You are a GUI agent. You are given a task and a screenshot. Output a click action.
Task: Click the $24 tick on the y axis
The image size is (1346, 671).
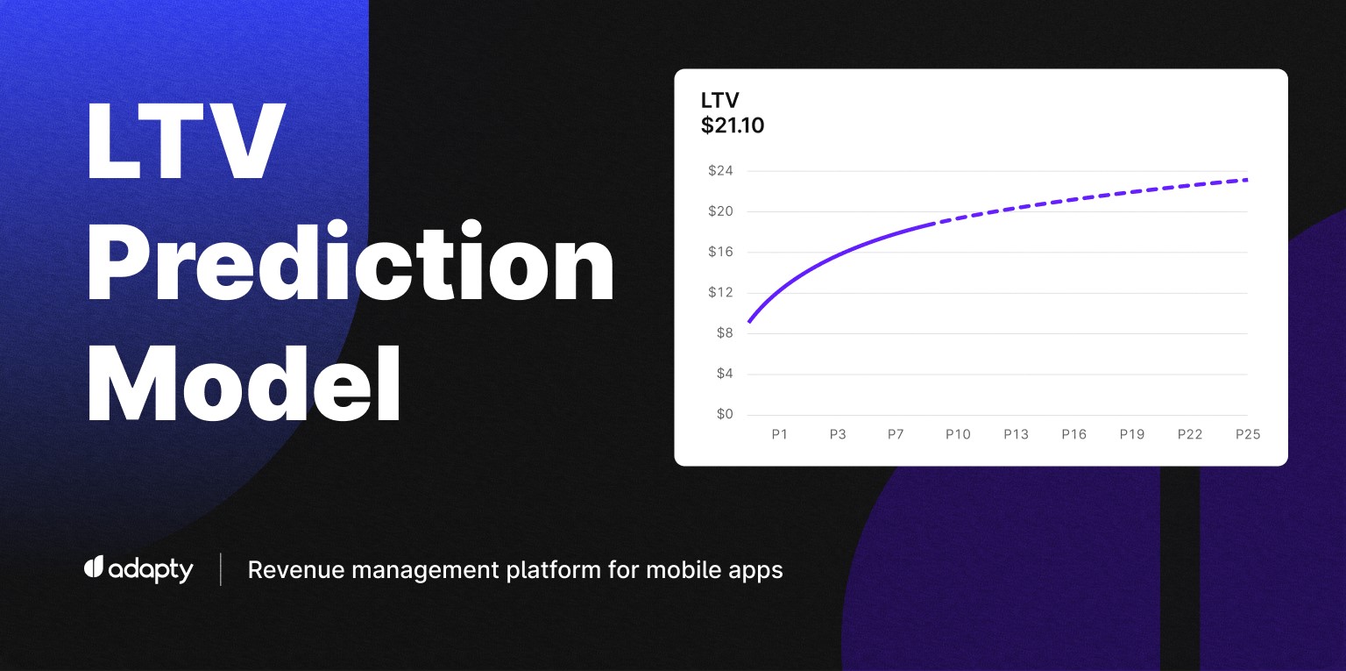[x=720, y=171]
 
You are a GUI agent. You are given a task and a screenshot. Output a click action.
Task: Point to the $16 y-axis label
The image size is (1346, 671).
[x=720, y=252]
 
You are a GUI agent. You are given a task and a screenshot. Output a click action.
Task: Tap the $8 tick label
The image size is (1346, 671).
[x=725, y=333]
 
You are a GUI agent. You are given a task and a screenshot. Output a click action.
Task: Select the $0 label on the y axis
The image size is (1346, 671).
[x=725, y=414]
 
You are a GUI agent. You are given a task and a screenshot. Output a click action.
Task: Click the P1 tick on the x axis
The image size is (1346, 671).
[x=779, y=434]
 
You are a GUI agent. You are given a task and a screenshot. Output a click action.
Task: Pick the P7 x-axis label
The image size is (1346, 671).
[x=896, y=434]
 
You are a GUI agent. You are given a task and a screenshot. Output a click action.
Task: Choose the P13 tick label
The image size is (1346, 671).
[x=1017, y=434]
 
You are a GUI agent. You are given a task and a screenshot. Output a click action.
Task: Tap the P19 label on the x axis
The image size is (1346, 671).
[x=1132, y=434]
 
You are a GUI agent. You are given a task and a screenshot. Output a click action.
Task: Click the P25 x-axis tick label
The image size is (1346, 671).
[x=1248, y=434]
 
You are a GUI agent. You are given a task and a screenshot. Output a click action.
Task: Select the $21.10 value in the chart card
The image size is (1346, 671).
[x=733, y=125]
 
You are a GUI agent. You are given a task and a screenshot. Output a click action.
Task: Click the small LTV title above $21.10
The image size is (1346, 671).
[x=719, y=100]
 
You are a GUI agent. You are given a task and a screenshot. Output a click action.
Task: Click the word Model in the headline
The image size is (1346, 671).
[x=244, y=383]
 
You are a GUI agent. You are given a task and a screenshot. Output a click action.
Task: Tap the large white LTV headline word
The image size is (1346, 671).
[x=185, y=140]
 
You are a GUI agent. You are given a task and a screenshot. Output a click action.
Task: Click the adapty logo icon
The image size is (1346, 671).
[x=94, y=567]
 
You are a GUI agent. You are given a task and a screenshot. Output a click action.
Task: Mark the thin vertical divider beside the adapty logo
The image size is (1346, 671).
[x=221, y=569]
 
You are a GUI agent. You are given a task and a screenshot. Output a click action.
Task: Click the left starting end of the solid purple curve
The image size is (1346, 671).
[x=748, y=322]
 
